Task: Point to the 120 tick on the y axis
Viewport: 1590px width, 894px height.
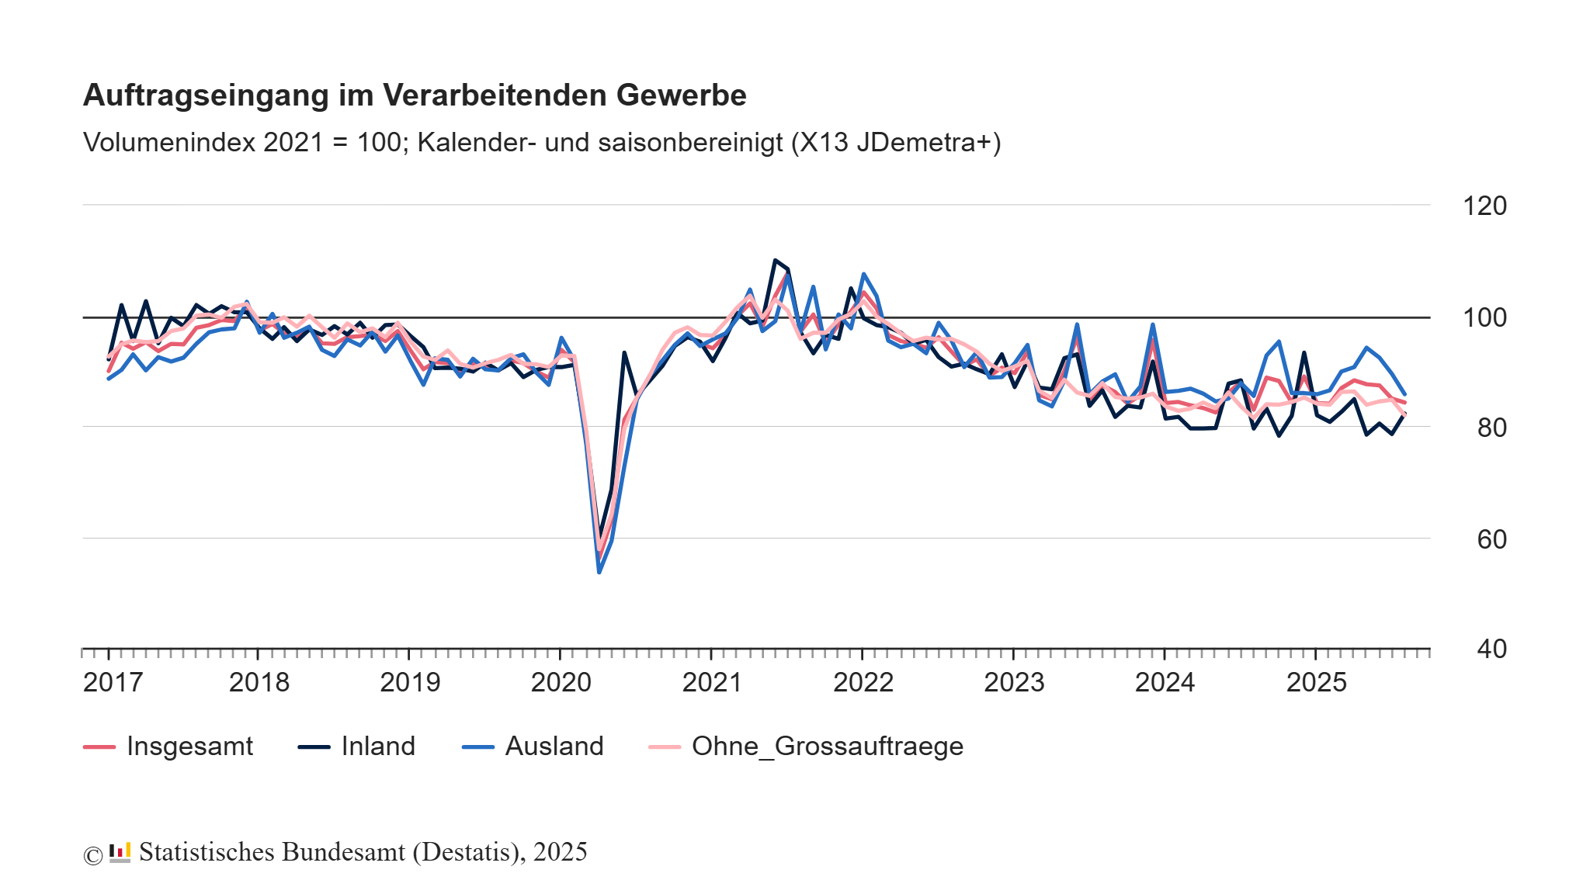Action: coord(1484,206)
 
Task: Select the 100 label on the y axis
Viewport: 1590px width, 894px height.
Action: coord(1484,317)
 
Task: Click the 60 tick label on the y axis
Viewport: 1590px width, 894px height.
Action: coord(1491,539)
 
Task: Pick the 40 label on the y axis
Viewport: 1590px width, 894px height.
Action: coord(1491,649)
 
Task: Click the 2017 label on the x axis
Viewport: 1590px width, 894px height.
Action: coord(113,683)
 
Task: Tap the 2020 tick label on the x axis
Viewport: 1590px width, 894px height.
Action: coord(561,683)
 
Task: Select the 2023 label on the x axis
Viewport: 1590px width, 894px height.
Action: coord(1014,683)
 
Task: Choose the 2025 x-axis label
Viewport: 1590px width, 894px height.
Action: coord(1316,683)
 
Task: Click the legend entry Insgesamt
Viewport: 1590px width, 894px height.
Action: coord(189,747)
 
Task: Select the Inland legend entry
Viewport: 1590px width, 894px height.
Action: coord(378,747)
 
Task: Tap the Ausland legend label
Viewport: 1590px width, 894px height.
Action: coord(554,747)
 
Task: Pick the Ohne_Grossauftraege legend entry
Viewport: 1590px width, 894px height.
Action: coord(827,747)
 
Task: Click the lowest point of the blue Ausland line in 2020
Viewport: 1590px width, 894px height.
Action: coord(599,572)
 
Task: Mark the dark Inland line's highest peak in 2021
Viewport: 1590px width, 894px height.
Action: coord(775,261)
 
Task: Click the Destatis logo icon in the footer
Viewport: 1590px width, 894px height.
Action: coord(120,852)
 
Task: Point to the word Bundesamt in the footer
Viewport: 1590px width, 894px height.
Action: coord(343,852)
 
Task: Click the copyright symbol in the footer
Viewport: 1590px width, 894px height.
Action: coord(92,855)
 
